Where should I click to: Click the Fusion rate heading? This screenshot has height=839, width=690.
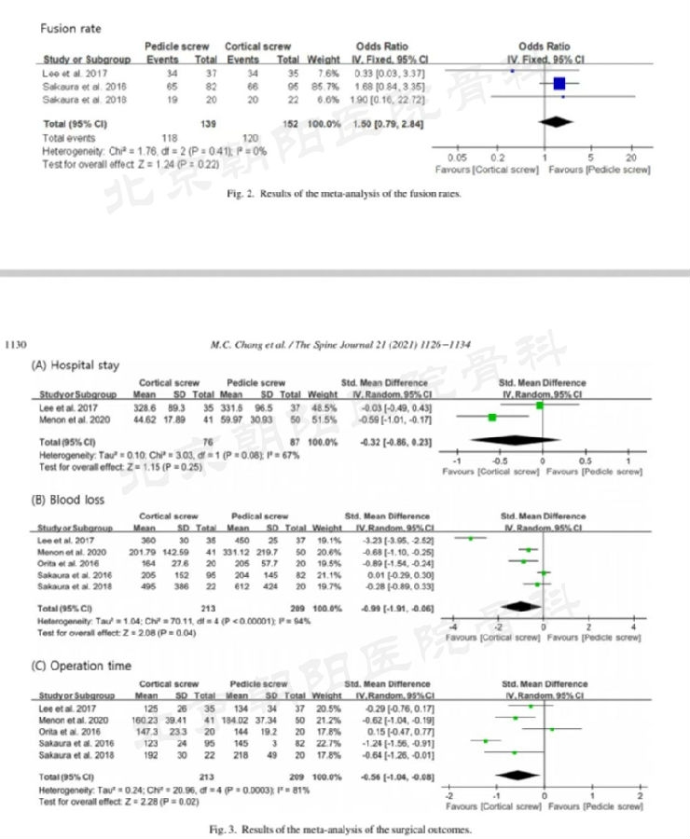(x=71, y=29)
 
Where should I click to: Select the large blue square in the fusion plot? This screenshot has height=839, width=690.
(x=559, y=84)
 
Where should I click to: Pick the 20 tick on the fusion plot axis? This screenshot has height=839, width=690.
(x=631, y=158)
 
